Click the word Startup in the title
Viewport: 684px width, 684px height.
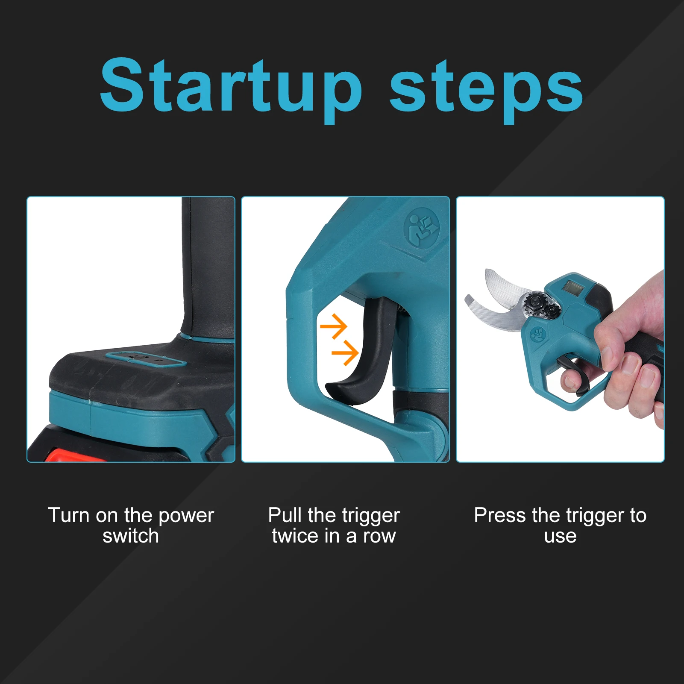click(x=231, y=88)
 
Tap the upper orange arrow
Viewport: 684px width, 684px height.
click(x=335, y=326)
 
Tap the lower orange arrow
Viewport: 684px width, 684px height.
click(x=346, y=353)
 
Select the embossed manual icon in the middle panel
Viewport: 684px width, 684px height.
click(x=422, y=227)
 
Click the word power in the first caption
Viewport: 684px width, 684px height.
click(x=186, y=516)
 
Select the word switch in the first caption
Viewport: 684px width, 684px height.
click(x=131, y=536)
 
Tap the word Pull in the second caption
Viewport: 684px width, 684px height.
click(x=284, y=515)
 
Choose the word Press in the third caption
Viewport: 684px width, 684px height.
click(x=499, y=515)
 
